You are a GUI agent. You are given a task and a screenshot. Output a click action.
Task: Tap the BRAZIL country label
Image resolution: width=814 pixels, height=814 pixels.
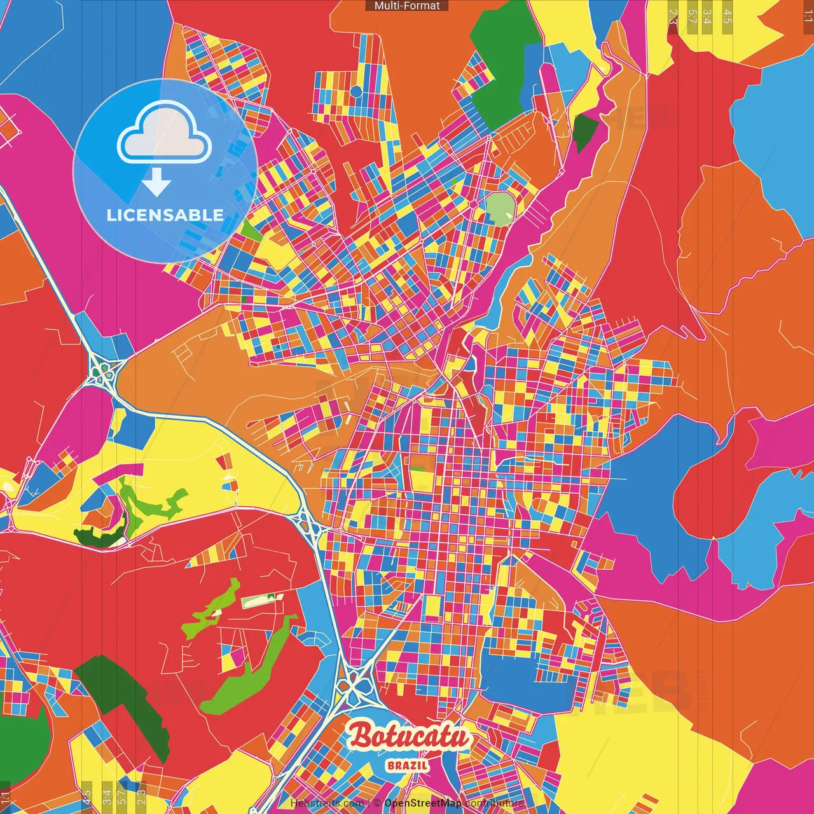pyautogui.click(x=407, y=765)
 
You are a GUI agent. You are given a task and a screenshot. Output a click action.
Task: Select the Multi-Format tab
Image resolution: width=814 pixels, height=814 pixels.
pyautogui.click(x=407, y=6)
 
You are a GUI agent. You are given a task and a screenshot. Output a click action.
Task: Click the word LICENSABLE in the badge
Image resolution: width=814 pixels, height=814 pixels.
pyautogui.click(x=165, y=215)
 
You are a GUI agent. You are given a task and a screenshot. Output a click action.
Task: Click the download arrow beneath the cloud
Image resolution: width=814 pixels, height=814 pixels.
pyautogui.click(x=156, y=183)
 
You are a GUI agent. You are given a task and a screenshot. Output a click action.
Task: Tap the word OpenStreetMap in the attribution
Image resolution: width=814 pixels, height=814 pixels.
pyautogui.click(x=423, y=803)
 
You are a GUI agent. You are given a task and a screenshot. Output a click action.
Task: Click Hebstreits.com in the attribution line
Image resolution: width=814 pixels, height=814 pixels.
pyautogui.click(x=327, y=803)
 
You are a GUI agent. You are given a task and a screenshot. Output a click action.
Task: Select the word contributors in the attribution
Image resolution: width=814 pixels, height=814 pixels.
pyautogui.click(x=494, y=803)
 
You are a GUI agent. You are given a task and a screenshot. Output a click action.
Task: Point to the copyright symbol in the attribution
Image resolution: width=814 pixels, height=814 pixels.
pyautogui.click(x=376, y=803)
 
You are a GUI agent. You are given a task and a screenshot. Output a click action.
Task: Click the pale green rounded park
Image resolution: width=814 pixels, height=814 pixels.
pyautogui.click(x=500, y=208)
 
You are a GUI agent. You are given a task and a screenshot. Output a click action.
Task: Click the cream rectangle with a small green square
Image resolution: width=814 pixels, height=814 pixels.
pyautogui.click(x=261, y=600)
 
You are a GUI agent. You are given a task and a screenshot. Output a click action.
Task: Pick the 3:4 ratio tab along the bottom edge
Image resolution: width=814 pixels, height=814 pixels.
pyautogui.click(x=106, y=795)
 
